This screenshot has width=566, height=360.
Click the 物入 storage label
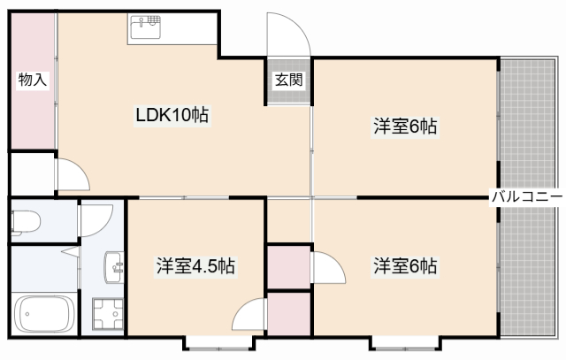click(32, 80)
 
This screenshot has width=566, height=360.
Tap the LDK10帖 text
click(172, 115)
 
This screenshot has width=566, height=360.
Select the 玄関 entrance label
click(288, 80)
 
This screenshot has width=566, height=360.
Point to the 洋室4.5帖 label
click(195, 265)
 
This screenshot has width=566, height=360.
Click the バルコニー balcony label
click(527, 196)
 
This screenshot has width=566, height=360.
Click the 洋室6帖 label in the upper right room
click(403, 126)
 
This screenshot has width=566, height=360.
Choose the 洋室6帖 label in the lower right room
click(403, 265)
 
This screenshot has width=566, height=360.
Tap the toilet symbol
click(27, 220)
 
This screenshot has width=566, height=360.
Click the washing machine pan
click(109, 313)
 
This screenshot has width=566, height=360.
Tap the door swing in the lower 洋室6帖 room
click(328, 267)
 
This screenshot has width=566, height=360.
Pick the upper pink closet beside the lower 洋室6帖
click(288, 267)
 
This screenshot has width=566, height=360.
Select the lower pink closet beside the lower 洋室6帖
click(288, 314)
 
